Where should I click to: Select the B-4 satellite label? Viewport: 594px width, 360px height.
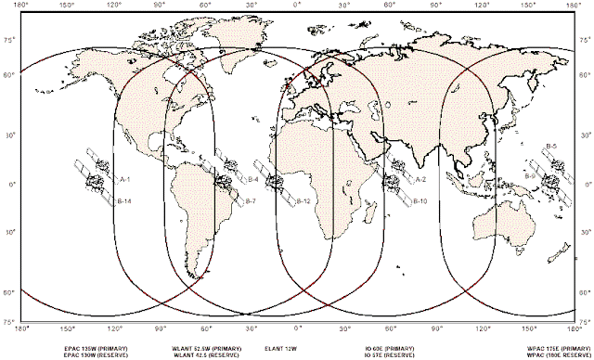point(253,178)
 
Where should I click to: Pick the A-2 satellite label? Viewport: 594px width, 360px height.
point(420,178)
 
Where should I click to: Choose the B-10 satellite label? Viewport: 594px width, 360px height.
point(419,201)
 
